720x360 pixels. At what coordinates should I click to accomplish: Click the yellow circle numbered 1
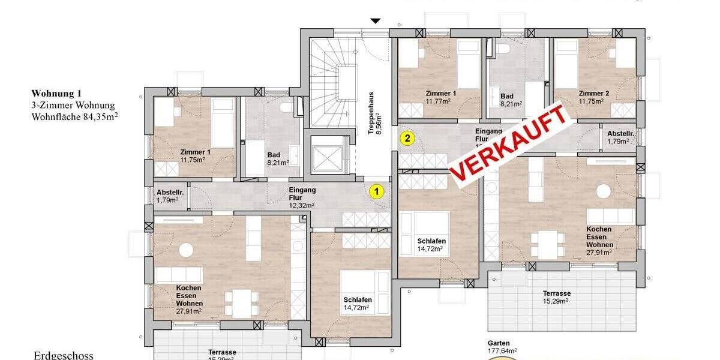[x=376, y=192]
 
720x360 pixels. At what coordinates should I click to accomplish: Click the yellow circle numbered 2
[x=407, y=139]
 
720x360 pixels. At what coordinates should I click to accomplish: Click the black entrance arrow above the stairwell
[x=376, y=21]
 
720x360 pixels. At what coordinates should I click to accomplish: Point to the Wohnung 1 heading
[x=56, y=94]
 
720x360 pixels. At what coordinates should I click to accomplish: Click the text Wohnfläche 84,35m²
[x=74, y=117]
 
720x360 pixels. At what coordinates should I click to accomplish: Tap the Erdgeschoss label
[x=64, y=355]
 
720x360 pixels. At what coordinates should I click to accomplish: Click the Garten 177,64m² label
[x=503, y=347]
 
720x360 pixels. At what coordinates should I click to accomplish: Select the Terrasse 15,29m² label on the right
[x=557, y=297]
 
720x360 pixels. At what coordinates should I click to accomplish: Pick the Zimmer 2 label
[x=594, y=97]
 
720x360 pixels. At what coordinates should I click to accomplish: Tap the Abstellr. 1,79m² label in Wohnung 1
[x=168, y=196]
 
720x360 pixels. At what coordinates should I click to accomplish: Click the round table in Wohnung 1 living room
[x=187, y=249]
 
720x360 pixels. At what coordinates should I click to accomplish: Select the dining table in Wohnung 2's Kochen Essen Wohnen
[x=548, y=243]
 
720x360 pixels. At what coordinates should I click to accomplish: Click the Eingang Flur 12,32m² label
[x=302, y=197]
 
